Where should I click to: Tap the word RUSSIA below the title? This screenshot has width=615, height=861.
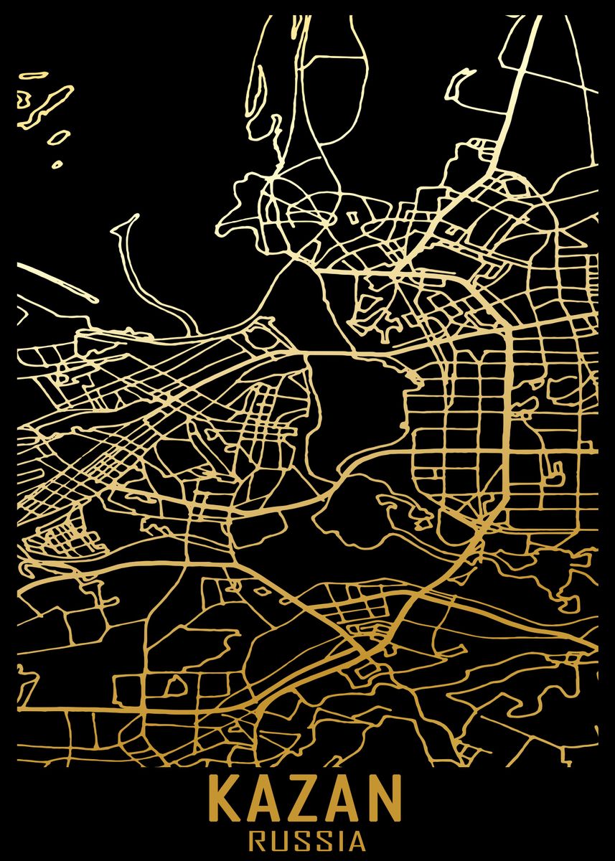click(306, 837)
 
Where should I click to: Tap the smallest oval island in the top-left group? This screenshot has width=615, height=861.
click(57, 164)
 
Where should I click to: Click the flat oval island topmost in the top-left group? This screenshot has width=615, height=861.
click(33, 75)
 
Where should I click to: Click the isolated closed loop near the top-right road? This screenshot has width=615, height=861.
click(460, 85)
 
